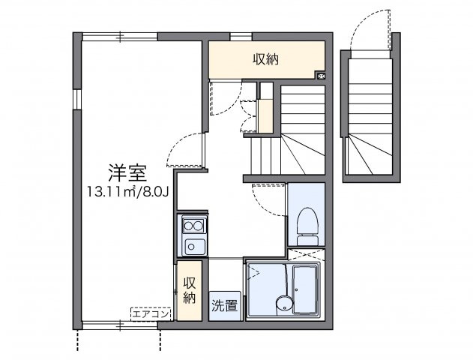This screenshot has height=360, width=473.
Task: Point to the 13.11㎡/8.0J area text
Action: [x=126, y=192]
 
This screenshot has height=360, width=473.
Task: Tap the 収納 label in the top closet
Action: [x=265, y=58]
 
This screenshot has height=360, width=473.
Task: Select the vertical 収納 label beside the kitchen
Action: [x=190, y=290]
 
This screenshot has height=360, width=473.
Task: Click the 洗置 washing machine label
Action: [x=224, y=305]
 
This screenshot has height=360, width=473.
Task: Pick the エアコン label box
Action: [x=151, y=313]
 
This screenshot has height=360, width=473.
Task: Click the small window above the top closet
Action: [x=240, y=35]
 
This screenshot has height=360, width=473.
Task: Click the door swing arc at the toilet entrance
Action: [x=267, y=198]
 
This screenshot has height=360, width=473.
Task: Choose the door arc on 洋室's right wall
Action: [x=184, y=148]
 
